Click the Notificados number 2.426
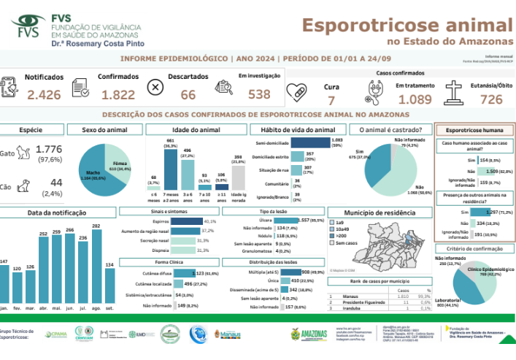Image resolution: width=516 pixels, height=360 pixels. pos(45,94)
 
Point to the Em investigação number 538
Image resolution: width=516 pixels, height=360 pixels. pos(259,94)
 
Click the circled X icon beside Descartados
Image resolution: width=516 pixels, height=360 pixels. pos(155,87)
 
